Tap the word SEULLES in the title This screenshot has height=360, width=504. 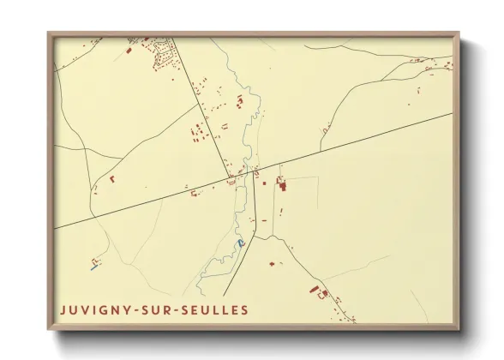click(219, 309)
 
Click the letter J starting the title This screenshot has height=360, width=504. click(63, 309)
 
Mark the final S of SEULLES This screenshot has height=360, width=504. click(245, 309)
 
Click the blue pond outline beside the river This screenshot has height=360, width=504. click(241, 243)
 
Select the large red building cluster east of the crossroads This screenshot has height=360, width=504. click(281, 183)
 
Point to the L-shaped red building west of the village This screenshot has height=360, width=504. click(111, 179)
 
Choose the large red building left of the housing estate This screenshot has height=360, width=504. click(129, 51)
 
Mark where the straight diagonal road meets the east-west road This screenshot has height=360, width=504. click(230, 177)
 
